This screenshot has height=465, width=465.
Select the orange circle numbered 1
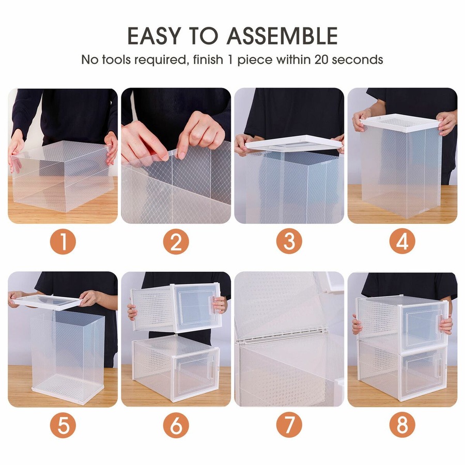63,242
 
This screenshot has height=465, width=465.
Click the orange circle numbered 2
176,242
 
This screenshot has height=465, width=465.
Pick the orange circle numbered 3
289,242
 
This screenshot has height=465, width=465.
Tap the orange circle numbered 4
402,242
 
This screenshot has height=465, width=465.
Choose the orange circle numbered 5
63,426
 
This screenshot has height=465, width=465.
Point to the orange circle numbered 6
176,426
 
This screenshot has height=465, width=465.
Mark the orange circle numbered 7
289,426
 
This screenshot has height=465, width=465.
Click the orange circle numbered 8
402,426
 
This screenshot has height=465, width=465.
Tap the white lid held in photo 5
49,301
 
